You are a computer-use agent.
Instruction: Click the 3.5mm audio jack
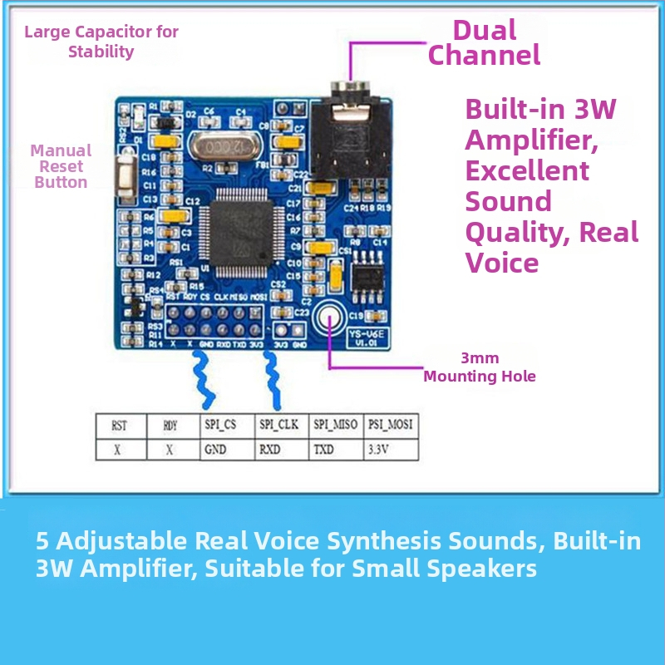click(x=352, y=133)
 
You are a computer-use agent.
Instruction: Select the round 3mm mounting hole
click(x=330, y=318)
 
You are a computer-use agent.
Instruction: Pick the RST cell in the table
click(x=120, y=425)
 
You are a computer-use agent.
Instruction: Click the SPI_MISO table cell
click(x=335, y=425)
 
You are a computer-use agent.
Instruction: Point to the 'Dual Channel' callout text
click(x=484, y=43)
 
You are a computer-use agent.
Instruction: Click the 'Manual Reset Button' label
click(x=61, y=166)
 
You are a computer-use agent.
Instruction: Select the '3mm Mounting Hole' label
click(x=480, y=367)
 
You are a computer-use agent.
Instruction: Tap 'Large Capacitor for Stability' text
click(x=101, y=42)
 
